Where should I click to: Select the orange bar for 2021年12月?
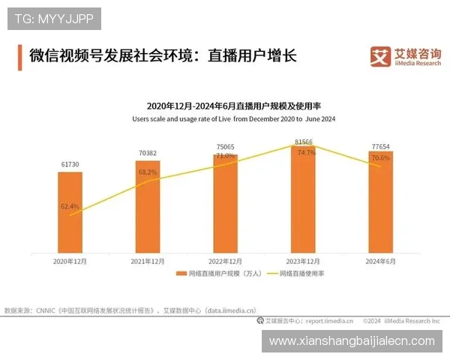click(x=148, y=206)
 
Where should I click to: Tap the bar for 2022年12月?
click(x=225, y=202)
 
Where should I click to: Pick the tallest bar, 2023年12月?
click(x=303, y=199)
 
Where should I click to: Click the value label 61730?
click(x=70, y=164)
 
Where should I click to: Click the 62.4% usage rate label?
click(x=70, y=205)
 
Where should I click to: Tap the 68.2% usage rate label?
click(x=148, y=172)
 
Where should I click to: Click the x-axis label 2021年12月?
click(x=148, y=261)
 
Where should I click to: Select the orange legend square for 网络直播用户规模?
click(x=181, y=274)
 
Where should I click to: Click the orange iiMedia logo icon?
click(x=380, y=56)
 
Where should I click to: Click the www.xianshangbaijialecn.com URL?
click(x=352, y=341)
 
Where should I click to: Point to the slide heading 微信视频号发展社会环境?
click(x=113, y=56)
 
